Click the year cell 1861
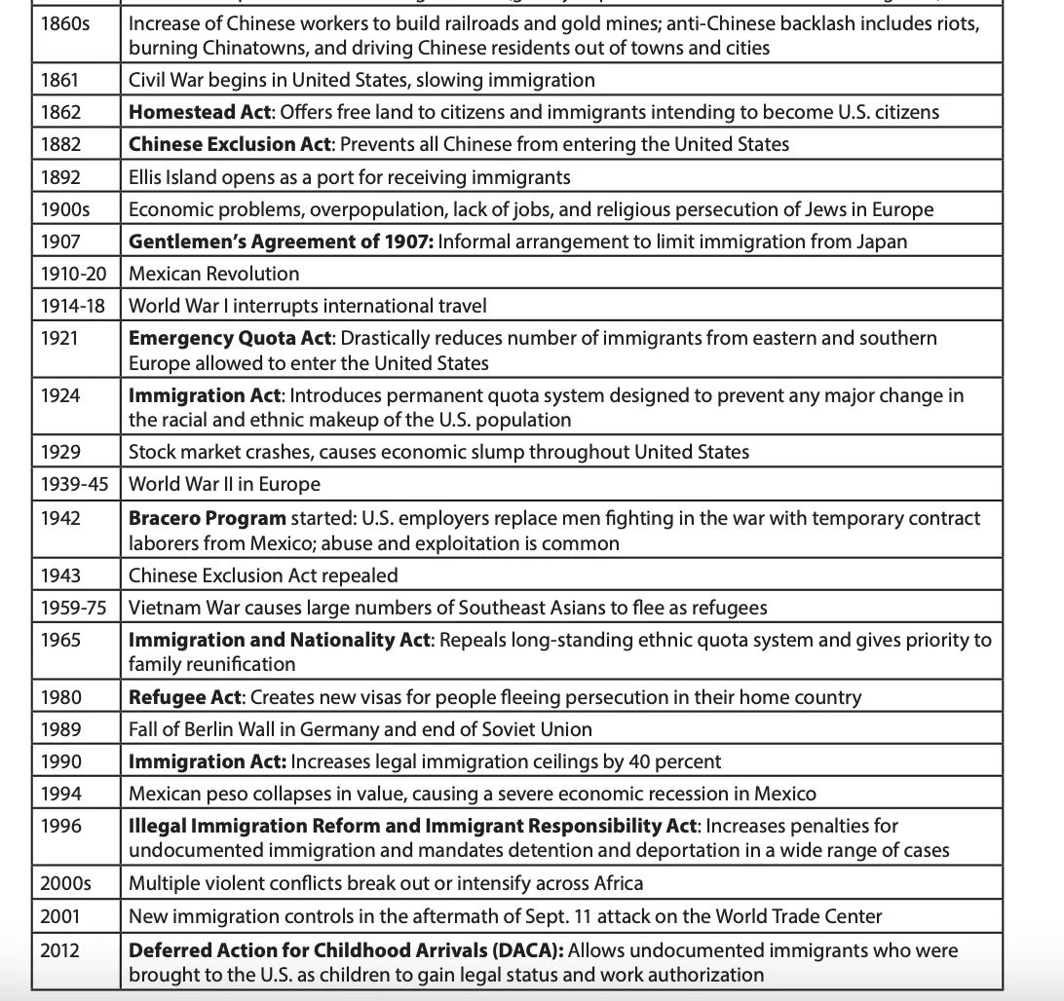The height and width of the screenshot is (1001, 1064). click(x=60, y=80)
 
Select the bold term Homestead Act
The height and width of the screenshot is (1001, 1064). click(x=201, y=112)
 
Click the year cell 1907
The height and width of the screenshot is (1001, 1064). click(x=60, y=241)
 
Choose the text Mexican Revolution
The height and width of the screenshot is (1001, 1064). click(x=214, y=274)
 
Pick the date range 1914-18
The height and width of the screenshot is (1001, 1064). click(x=72, y=306)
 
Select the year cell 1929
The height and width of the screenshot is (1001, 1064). click(x=60, y=452)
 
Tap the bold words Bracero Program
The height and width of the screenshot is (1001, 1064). click(x=208, y=518)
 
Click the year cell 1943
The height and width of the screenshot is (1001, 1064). click(x=60, y=575)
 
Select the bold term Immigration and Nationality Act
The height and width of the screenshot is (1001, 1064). click(x=281, y=641)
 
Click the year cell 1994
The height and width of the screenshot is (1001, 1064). click(x=60, y=794)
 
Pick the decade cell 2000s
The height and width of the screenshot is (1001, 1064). click(x=65, y=884)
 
